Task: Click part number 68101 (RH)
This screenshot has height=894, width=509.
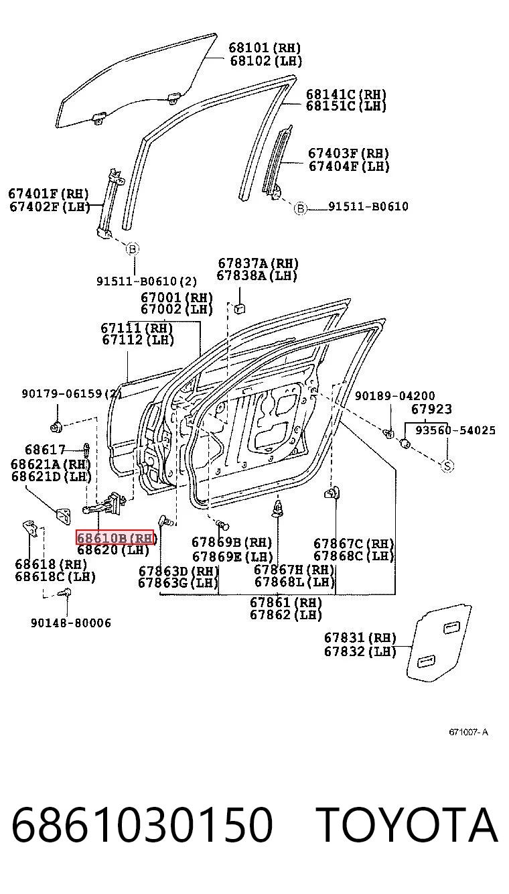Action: pyautogui.click(x=265, y=48)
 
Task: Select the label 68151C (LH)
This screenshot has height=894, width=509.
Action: pyautogui.click(x=346, y=106)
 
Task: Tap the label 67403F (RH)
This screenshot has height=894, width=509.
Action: pyautogui.click(x=348, y=153)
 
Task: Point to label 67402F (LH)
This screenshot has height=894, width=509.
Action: pyautogui.click(x=49, y=206)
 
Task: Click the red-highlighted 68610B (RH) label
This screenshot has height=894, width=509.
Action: pyautogui.click(x=115, y=537)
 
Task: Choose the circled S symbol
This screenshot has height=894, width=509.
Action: pyautogui.click(x=447, y=466)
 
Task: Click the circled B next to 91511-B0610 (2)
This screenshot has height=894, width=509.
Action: pyautogui.click(x=133, y=249)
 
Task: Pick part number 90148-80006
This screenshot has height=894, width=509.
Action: pyautogui.click(x=71, y=623)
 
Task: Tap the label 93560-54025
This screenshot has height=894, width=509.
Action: pyautogui.click(x=455, y=430)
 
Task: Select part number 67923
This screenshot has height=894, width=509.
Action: pyautogui.click(x=431, y=409)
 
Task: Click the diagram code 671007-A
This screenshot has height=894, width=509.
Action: pyautogui.click(x=468, y=732)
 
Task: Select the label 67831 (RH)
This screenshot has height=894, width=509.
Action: pyautogui.click(x=360, y=638)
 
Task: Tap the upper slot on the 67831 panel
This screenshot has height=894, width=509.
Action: pyautogui.click(x=451, y=627)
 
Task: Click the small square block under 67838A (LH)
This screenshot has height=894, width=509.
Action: pyautogui.click(x=239, y=309)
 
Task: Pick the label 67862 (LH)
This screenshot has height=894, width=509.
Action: pyautogui.click(x=285, y=615)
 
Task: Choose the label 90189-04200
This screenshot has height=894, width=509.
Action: pyautogui.click(x=395, y=396)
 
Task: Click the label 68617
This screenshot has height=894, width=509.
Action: pyautogui.click(x=45, y=450)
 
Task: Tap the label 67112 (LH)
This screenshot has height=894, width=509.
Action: pyautogui.click(x=138, y=340)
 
